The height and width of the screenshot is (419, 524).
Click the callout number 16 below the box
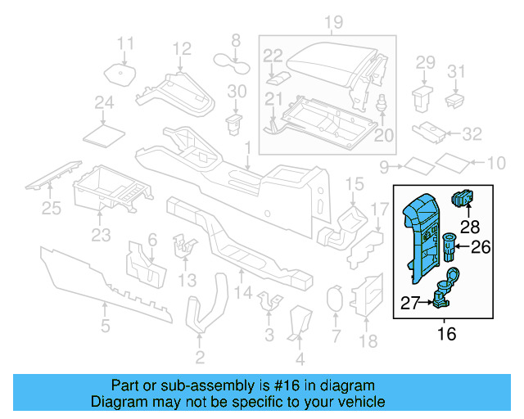tap(447, 334)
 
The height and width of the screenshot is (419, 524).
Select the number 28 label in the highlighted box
tap(469, 225)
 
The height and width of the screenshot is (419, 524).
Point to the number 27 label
tap(411, 304)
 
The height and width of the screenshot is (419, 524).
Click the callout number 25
tap(52, 209)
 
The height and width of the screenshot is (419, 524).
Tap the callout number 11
tap(124, 43)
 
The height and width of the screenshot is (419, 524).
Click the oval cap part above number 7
tap(334, 300)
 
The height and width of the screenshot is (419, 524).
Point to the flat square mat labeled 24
tap(104, 133)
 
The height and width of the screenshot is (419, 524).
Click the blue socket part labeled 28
tap(463, 198)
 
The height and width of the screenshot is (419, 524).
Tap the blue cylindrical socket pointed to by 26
tap(449, 245)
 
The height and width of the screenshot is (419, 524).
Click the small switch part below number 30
tap(235, 124)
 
